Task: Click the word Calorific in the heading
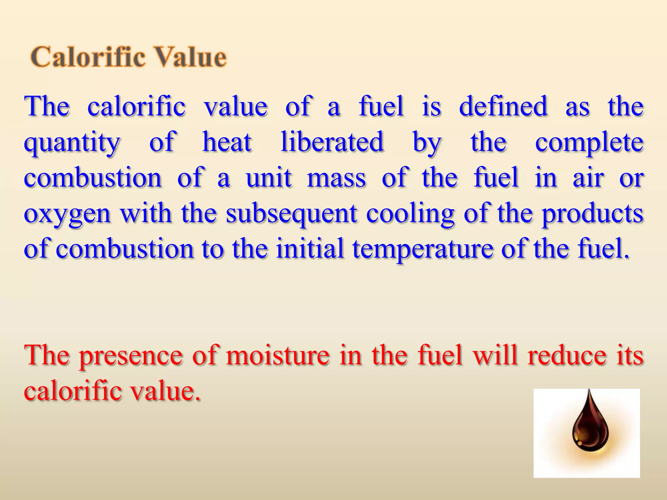pyautogui.click(x=88, y=57)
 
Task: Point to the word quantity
pyautogui.click(x=72, y=143)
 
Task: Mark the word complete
pyautogui.click(x=589, y=143)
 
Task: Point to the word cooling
pyautogui.click(x=410, y=214)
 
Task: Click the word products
pyautogui.click(x=592, y=214)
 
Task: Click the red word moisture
pyautogui.click(x=277, y=355)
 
